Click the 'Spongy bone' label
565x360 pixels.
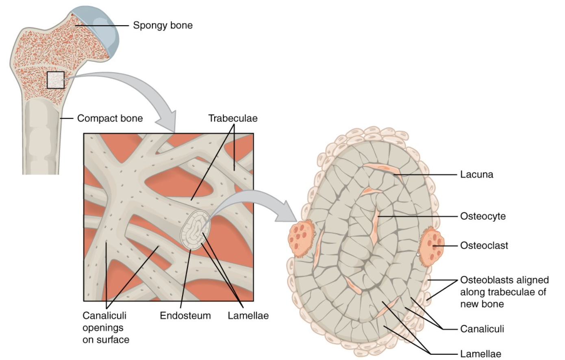tap(163, 25)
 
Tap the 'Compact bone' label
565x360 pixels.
tap(110, 118)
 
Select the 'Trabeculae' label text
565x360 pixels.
tap(233, 118)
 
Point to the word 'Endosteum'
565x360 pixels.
tap(185, 316)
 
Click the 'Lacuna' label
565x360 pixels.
tap(476, 175)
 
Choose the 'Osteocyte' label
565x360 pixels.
tap(483, 216)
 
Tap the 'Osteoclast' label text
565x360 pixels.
tap(484, 245)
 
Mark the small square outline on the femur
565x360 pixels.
tap(56, 80)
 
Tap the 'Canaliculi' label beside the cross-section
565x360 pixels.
tap(482, 329)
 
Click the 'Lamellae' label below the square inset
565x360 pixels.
tap(248, 316)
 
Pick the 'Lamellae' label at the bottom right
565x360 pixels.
tap(480, 354)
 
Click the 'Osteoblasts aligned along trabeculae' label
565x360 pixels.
tap(504, 292)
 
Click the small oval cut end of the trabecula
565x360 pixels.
tap(195, 230)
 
